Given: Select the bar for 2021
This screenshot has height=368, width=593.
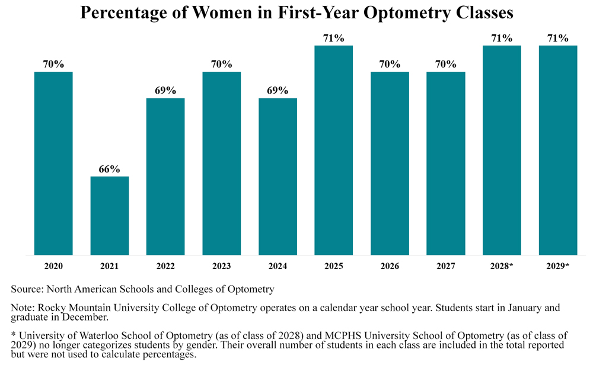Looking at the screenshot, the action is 110,216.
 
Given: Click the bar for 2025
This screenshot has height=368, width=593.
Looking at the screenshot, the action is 333,151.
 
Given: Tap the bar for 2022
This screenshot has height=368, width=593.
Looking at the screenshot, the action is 165,177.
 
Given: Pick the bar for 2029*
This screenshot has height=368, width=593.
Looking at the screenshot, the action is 558,151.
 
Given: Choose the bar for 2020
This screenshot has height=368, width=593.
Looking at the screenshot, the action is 53,163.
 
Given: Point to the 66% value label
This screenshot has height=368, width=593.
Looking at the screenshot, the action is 109,169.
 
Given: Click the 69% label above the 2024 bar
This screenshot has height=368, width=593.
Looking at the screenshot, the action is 278,90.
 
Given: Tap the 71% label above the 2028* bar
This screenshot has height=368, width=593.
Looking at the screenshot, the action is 502,38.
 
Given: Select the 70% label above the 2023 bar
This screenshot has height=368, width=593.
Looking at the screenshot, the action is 222,64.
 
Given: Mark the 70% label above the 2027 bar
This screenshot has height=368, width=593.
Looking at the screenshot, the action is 446,64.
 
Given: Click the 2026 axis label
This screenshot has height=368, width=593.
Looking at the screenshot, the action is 390,266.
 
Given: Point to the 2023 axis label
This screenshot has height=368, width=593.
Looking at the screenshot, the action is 222,266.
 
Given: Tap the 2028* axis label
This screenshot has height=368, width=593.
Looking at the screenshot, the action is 502,266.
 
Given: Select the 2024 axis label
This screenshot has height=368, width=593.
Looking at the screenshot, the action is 278,266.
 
